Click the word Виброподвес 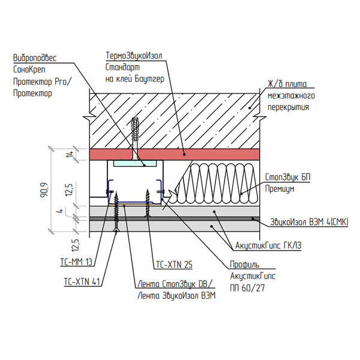point(34,59)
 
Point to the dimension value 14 point(70,154)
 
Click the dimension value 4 point(59,211)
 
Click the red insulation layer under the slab point(210,154)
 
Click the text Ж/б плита point(285,85)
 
